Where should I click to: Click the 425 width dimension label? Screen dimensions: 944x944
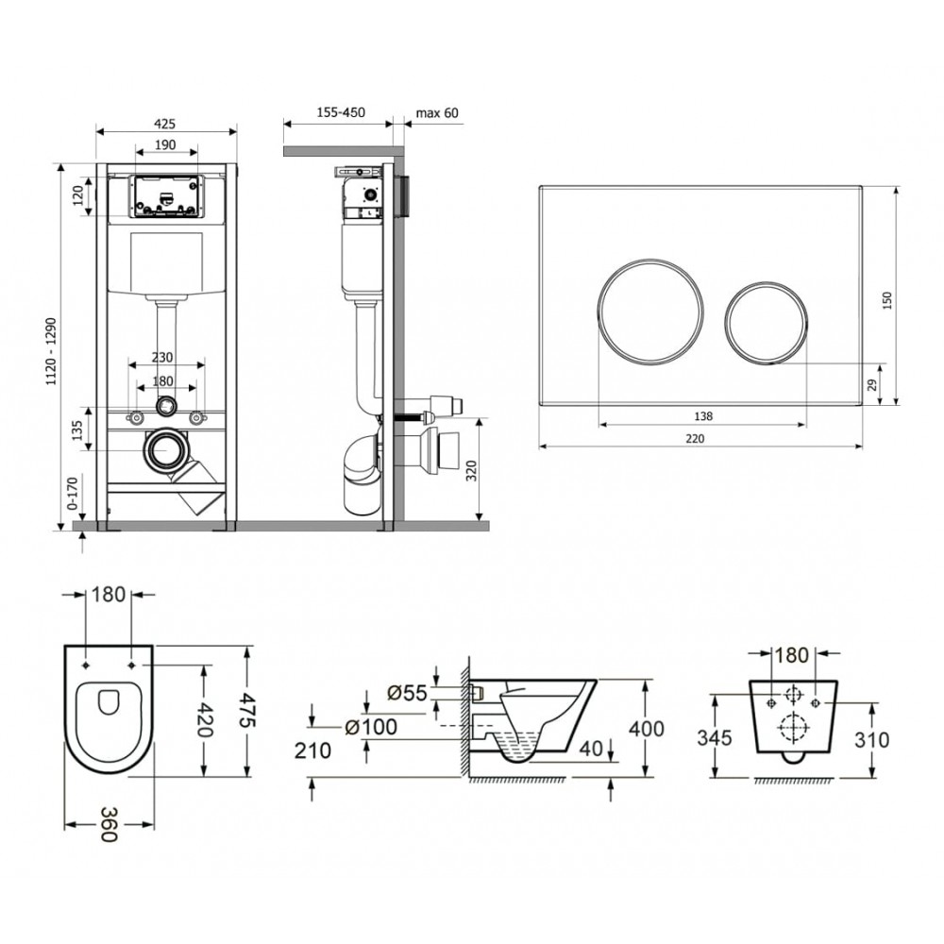(164, 124)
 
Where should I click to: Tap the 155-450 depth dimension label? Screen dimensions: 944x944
(342, 112)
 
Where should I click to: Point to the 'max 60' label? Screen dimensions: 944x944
(437, 112)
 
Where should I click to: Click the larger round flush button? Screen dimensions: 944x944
(650, 312)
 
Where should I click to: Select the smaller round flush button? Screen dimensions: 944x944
(766, 322)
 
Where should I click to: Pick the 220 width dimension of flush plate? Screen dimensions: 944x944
(695, 438)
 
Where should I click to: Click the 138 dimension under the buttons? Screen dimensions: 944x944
(702, 416)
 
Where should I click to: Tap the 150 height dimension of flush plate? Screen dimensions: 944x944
(886, 300)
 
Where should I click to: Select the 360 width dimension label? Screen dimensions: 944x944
(109, 824)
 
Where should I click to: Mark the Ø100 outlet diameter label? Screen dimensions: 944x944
(371, 727)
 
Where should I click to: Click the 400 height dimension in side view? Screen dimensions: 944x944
(646, 729)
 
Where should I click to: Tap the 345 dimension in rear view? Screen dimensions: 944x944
(715, 737)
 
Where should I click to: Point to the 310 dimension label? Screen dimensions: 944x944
(871, 739)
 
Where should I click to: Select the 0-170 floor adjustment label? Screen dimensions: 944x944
(74, 495)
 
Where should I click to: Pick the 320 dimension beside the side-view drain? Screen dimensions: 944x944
(471, 469)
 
